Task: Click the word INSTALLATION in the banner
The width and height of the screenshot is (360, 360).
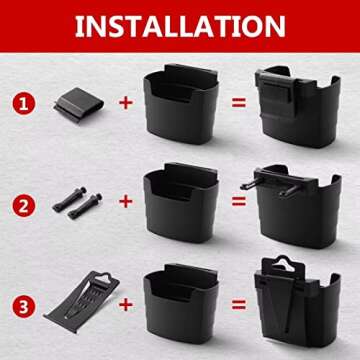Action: pyautogui.click(x=180, y=26)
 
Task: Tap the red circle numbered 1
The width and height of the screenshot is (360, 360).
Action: pyautogui.click(x=24, y=104)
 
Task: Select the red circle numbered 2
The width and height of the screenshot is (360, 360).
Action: pyautogui.click(x=24, y=206)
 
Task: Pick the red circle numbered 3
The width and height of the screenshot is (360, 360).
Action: pyautogui.click(x=24, y=307)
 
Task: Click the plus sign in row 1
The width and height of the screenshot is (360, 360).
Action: pyautogui.click(x=126, y=103)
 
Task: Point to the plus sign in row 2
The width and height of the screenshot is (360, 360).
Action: pyautogui.click(x=126, y=201)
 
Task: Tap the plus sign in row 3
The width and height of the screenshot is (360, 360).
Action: pyautogui.click(x=126, y=304)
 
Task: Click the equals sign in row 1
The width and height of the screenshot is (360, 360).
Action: pyautogui.click(x=239, y=102)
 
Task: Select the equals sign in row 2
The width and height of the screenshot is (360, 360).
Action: pyautogui.click(x=239, y=201)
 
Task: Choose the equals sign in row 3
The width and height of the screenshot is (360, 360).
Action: pyautogui.click(x=239, y=304)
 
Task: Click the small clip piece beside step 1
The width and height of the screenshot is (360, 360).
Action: pyautogui.click(x=79, y=105)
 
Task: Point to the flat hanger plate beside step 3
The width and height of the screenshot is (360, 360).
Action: pyautogui.click(x=82, y=301)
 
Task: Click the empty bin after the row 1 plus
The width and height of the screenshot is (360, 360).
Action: pyautogui.click(x=181, y=104)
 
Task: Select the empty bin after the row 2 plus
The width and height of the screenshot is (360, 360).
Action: pyautogui.click(x=181, y=203)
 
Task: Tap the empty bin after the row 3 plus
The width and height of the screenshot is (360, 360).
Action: pyautogui.click(x=181, y=305)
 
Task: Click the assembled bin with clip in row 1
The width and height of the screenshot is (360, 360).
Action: pyautogui.click(x=298, y=107)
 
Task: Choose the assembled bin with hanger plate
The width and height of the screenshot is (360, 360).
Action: pyautogui.click(x=297, y=302)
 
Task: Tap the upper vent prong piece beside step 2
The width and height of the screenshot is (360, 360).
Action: pyautogui.click(x=69, y=199)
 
